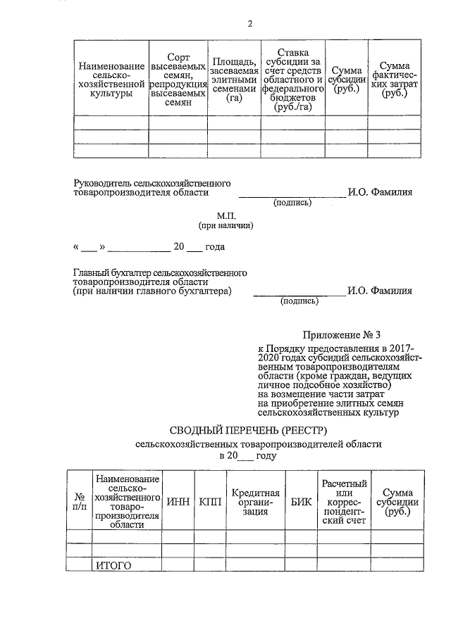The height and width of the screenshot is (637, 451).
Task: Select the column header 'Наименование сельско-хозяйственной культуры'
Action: coord(111,79)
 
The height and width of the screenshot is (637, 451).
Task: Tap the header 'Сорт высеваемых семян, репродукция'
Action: coord(178,79)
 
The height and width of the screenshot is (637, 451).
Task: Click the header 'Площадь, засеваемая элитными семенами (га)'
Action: coord(233,80)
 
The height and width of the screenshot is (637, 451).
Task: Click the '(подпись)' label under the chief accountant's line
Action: coord(299,301)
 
